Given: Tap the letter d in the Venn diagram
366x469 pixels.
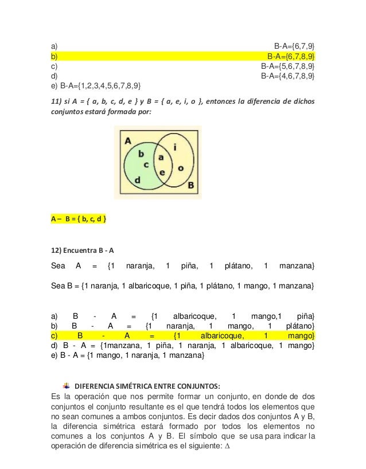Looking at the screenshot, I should pos(137,180).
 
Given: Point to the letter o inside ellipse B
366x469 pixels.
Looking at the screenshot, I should pos(180,167).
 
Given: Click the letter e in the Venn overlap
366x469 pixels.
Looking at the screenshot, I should pos(161,171).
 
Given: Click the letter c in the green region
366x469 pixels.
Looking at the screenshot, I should pos(146,165).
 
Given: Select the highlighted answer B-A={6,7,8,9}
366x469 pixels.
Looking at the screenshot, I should pos(291,56).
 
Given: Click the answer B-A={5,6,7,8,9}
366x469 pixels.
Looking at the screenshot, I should pos(287,66).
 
